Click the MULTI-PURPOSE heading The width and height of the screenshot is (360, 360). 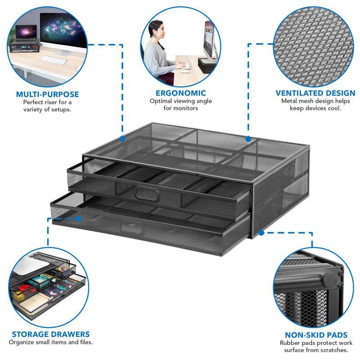pos(47,94)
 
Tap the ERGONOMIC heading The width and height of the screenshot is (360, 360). pos(180,93)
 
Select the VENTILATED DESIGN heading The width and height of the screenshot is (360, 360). pos(315,93)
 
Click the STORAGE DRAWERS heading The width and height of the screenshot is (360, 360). pos(50,334)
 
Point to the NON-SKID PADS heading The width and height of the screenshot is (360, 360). pos(316,335)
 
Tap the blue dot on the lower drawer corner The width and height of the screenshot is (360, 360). pos(78,218)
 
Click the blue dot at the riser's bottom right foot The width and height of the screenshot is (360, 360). pos(261,233)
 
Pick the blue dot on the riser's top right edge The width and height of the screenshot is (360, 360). pos(247,138)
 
